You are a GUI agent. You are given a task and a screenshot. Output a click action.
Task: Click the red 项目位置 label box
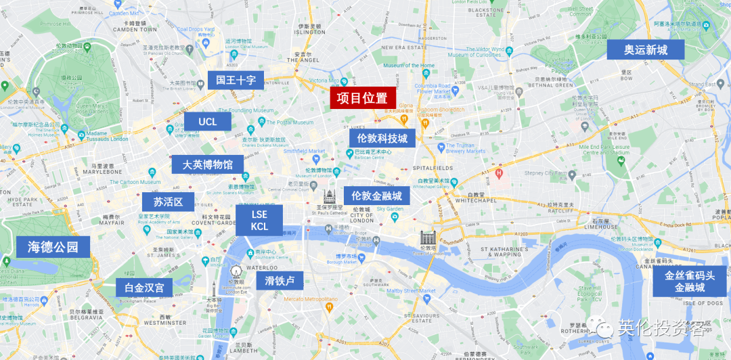[x=363, y=98]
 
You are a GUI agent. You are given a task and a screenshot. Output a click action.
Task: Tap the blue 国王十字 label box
[x=236, y=81]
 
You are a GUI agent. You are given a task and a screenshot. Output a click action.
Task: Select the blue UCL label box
[x=208, y=122]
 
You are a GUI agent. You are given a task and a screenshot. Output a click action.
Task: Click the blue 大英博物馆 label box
[x=208, y=164]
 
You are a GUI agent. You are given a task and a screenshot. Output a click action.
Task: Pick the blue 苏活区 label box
[x=168, y=202]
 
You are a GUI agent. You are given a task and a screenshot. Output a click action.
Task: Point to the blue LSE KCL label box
[x=259, y=221]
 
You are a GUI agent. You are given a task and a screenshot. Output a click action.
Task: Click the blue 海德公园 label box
[x=53, y=247]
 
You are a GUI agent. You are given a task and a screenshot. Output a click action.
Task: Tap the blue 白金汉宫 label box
[x=144, y=288]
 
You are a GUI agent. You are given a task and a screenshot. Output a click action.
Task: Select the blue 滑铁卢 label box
[x=280, y=281]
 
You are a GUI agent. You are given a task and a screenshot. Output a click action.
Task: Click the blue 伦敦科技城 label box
[x=382, y=139]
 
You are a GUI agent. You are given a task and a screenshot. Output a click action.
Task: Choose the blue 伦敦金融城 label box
[x=376, y=196]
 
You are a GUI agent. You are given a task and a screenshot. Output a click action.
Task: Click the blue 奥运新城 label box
[x=645, y=50]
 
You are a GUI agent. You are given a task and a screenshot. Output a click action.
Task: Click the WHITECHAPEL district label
[x=477, y=200]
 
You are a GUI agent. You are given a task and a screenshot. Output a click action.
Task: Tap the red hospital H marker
[x=500, y=174]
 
